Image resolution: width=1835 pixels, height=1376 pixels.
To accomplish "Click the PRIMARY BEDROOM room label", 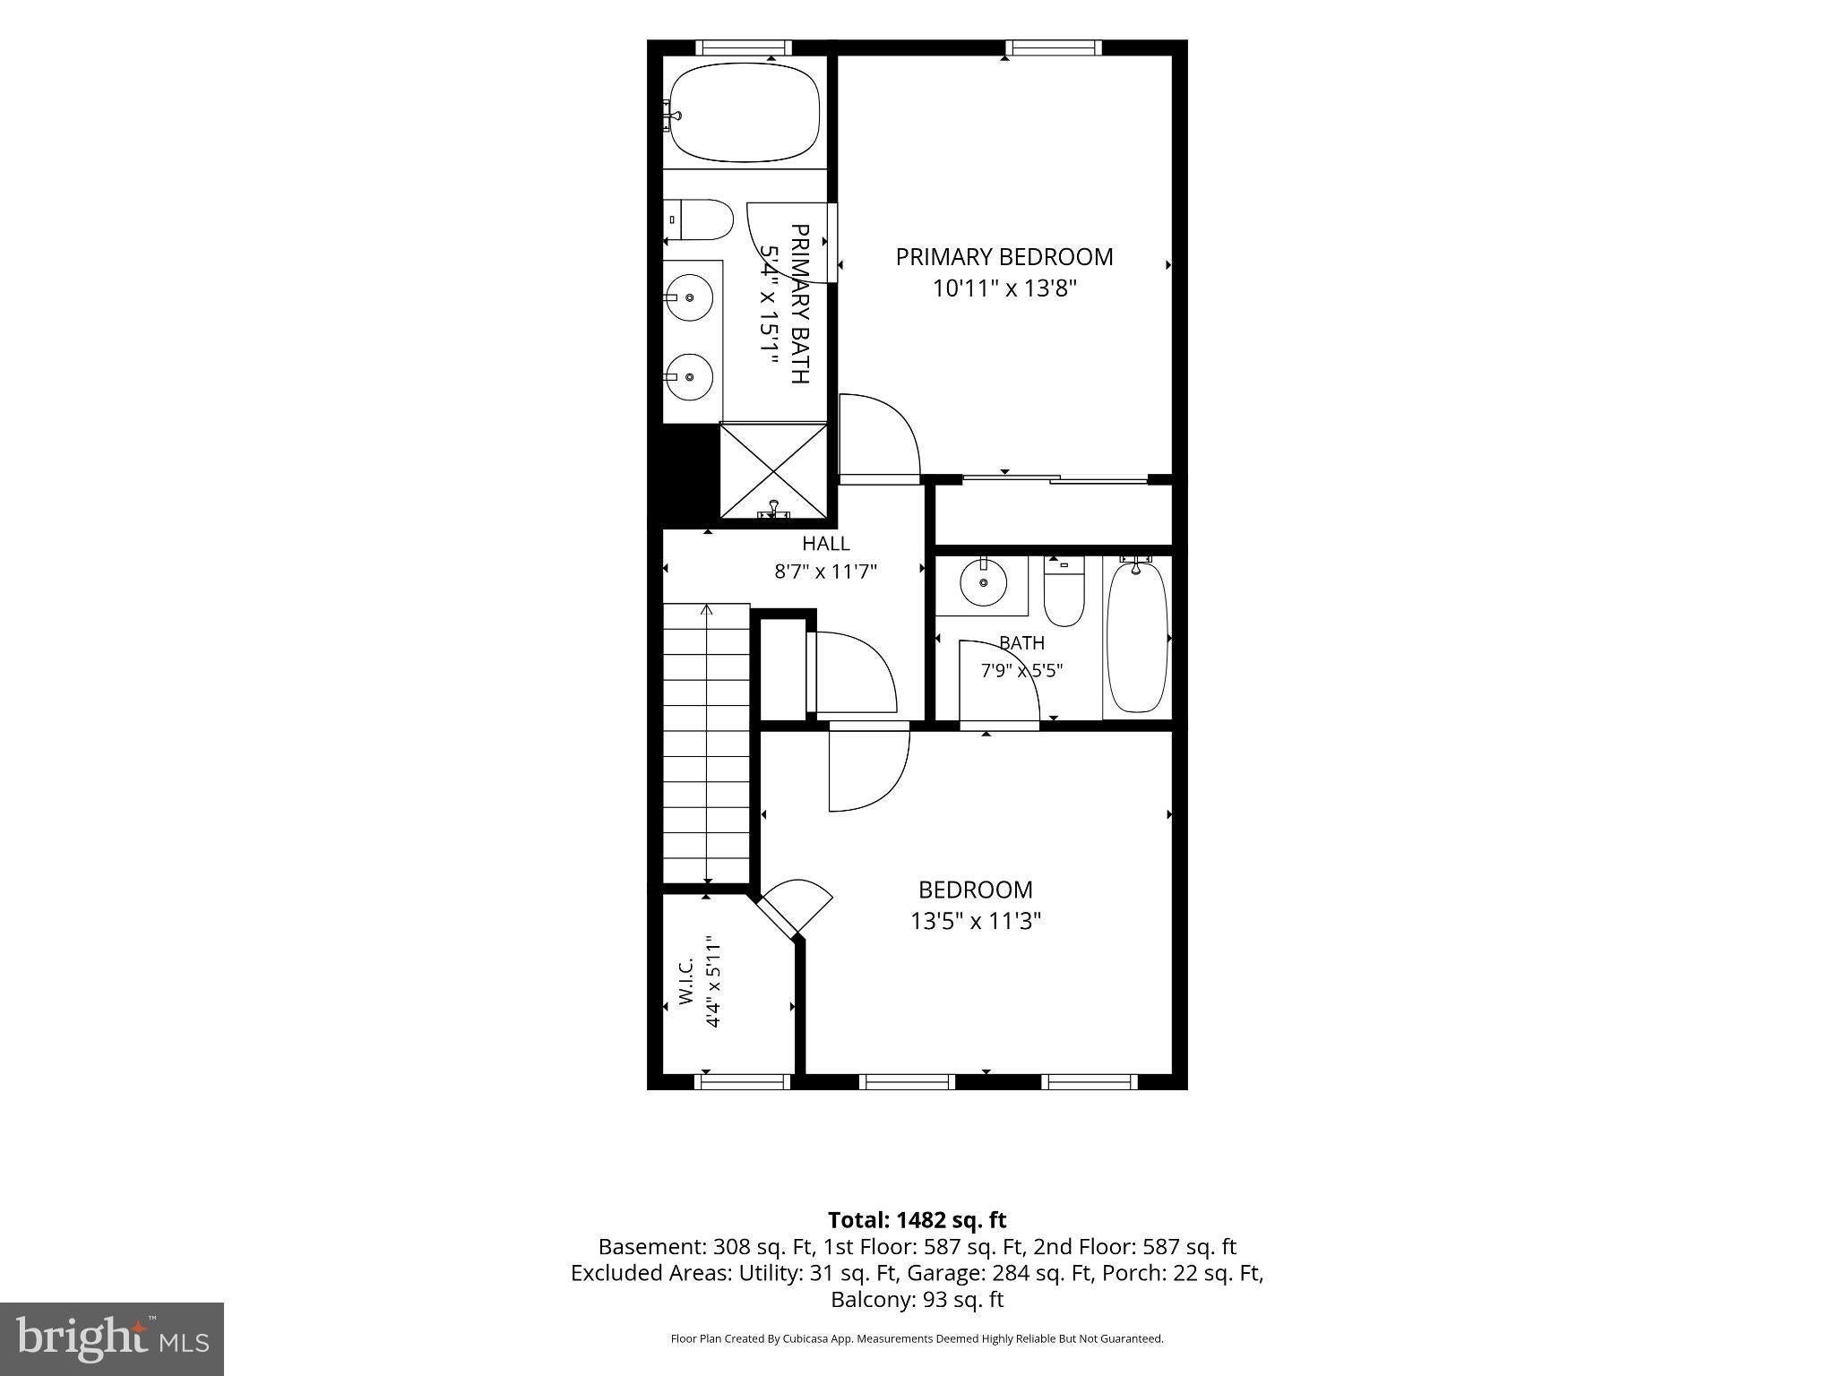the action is tap(1004, 257).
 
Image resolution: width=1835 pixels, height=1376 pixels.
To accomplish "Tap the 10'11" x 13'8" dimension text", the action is tap(1004, 288).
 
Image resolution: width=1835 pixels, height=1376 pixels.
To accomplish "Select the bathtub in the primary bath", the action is tap(745, 112).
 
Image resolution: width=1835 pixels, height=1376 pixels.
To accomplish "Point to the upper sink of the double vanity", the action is tap(690, 297).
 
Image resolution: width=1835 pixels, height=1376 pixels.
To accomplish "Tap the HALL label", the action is tap(825, 543).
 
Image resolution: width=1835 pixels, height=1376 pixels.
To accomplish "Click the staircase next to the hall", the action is tap(706, 744).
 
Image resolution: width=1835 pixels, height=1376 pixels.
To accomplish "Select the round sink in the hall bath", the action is tap(984, 583).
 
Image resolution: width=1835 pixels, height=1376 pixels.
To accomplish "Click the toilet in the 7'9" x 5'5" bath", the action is tap(1064, 591).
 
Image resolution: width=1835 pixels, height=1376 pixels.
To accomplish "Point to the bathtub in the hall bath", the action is tap(1137, 635).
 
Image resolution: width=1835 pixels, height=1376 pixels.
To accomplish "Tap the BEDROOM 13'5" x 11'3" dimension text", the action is tap(976, 921).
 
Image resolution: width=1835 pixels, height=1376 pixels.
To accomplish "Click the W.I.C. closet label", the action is tap(685, 982).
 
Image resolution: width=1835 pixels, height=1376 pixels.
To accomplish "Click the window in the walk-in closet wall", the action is tap(742, 1082).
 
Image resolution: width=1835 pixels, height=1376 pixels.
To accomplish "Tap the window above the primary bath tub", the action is tap(744, 47).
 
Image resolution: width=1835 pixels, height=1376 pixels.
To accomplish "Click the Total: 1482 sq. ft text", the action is tap(917, 1220).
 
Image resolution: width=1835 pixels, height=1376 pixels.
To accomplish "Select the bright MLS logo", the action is tap(112, 1338).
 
